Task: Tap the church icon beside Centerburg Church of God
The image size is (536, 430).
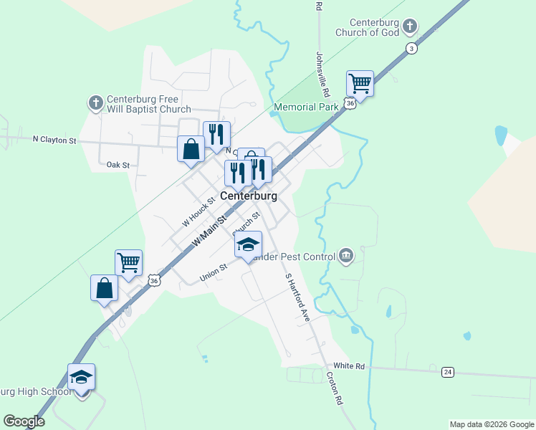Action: (x=410, y=27)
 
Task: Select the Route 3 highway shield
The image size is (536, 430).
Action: (x=411, y=48)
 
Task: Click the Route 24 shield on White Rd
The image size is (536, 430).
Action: (x=448, y=372)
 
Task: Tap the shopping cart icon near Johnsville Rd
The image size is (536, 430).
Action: (x=360, y=83)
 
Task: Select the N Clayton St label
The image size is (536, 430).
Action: (x=54, y=140)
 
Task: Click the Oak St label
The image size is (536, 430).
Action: (x=118, y=165)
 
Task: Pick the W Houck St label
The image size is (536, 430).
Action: (x=198, y=213)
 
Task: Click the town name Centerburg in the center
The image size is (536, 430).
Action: (x=249, y=195)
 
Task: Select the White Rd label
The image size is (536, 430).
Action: (x=349, y=366)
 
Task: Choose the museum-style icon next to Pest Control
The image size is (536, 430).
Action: (x=346, y=256)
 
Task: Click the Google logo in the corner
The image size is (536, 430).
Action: (x=24, y=421)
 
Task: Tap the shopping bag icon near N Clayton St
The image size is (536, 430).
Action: (x=191, y=149)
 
